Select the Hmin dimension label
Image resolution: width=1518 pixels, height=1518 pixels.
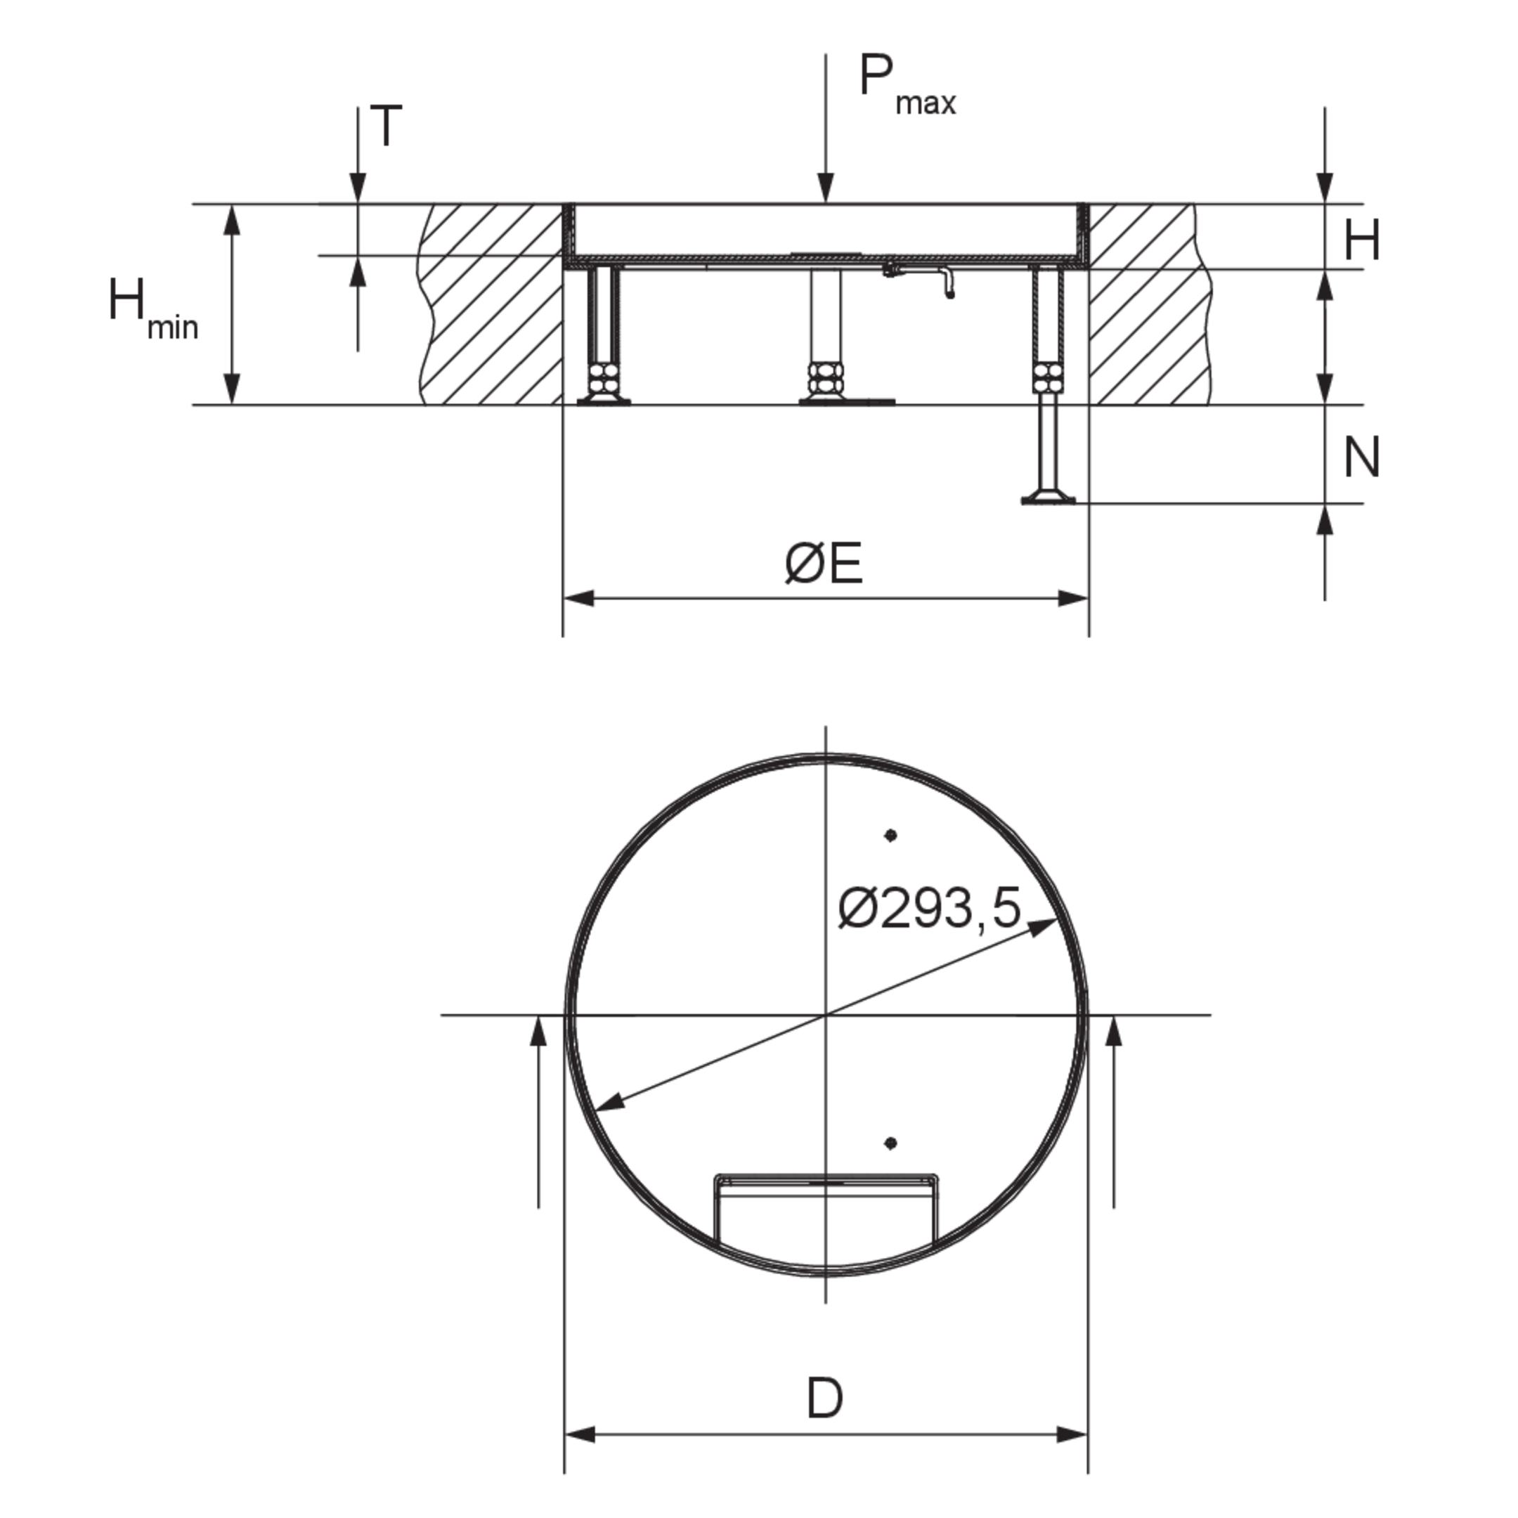[x=153, y=308]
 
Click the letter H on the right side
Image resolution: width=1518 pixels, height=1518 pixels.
[x=1362, y=240]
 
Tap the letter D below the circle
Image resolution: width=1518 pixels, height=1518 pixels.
[x=825, y=1398]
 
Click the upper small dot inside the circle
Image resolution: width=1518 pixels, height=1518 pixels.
[x=890, y=835]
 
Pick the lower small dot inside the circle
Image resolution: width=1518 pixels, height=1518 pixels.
[x=890, y=1143]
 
